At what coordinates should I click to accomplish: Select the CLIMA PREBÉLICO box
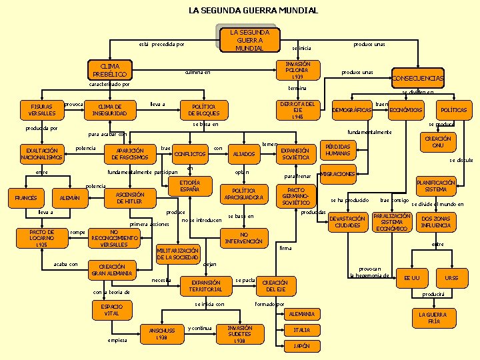110,70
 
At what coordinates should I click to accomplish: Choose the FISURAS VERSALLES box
42,109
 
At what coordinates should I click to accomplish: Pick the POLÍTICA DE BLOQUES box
203,109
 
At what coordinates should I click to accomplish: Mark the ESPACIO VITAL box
111,309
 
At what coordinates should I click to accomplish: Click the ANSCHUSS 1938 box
162,333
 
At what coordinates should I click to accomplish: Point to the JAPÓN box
301,346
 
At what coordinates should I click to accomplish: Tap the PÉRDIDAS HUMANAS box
340,150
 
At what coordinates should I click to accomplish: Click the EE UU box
411,277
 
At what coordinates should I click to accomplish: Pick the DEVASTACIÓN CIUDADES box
347,222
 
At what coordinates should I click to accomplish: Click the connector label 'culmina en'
197,72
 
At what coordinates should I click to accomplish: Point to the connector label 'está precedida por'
161,45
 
